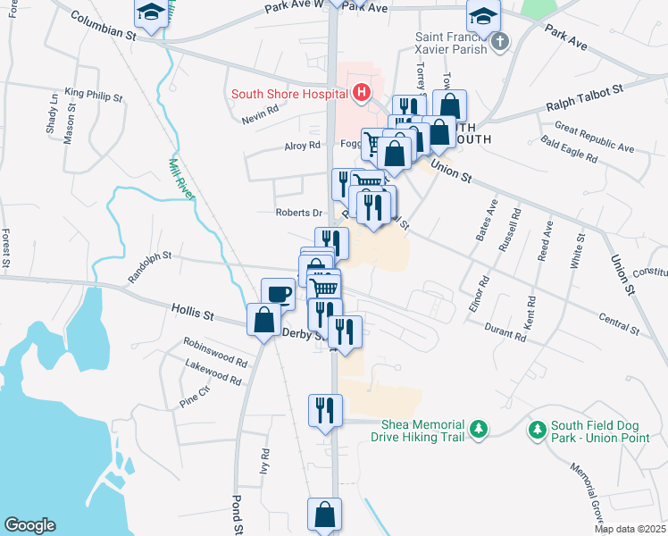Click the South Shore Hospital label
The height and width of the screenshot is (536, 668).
click(290, 92)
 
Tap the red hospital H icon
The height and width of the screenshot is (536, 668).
click(361, 91)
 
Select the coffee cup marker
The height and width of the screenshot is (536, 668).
click(278, 293)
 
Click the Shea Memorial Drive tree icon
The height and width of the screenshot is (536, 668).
click(480, 431)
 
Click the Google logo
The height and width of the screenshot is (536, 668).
click(29, 525)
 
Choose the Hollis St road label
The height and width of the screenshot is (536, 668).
click(193, 313)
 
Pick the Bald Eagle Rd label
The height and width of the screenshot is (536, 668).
click(569, 148)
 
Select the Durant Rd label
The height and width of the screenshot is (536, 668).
click(506, 332)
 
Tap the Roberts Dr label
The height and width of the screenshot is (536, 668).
click(299, 213)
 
